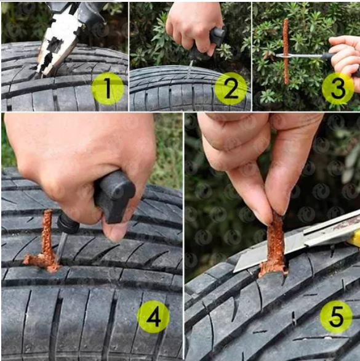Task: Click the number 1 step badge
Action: pyautogui.click(x=108, y=89)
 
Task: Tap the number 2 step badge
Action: pyautogui.click(x=231, y=89)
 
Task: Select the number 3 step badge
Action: pyautogui.click(x=338, y=89)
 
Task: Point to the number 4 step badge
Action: pyautogui.click(x=153, y=317)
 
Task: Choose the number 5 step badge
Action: pyautogui.click(x=336, y=317)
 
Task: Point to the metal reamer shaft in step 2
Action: pyautogui.click(x=190, y=68)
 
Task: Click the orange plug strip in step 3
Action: pyautogui.click(x=286, y=51)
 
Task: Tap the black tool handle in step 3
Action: pyautogui.click(x=329, y=57)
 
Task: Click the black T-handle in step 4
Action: pyautogui.click(x=114, y=196)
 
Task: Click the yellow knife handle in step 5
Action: pyautogui.click(x=354, y=238)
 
